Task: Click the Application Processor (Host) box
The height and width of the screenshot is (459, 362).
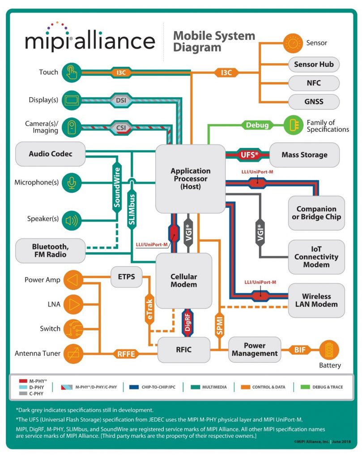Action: coord(190,178)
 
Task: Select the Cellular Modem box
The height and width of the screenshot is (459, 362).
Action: coord(183,281)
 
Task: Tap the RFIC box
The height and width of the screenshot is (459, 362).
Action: coord(183,350)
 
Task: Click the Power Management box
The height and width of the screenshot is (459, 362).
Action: coord(255,350)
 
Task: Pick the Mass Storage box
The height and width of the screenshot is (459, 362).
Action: coord(304,155)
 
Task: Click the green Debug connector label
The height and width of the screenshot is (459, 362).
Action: coord(257,125)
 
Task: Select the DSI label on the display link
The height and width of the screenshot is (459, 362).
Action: coord(121,100)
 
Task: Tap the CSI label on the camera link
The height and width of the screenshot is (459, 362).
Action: coord(121,127)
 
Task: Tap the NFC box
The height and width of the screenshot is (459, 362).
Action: coord(314,83)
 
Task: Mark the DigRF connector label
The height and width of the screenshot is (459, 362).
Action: coord(188,322)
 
